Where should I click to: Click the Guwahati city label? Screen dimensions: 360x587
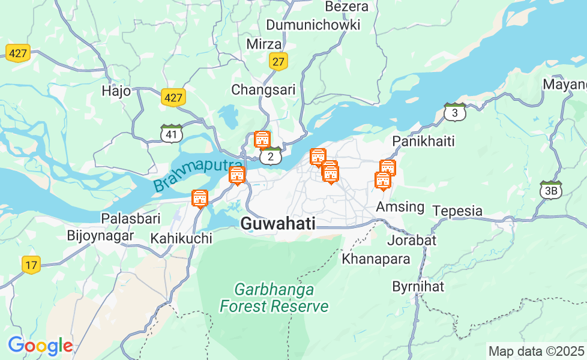(277, 224)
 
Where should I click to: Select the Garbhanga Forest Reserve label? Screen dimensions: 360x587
(274, 298)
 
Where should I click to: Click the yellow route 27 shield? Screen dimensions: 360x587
(278, 61)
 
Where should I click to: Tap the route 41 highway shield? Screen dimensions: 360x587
(172, 134)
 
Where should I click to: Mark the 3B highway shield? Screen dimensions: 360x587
(550, 190)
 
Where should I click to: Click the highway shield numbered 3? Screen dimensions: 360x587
(455, 112)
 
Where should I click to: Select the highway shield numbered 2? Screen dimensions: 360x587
(271, 156)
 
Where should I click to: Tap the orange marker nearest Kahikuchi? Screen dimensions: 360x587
(200, 198)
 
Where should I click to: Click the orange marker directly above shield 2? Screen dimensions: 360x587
(262, 139)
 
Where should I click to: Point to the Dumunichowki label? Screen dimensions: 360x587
(313, 25)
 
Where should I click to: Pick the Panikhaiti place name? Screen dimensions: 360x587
(423, 142)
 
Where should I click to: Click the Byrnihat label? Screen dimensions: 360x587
(418, 286)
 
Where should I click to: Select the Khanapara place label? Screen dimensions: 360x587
(376, 259)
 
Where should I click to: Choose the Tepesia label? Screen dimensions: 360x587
(457, 211)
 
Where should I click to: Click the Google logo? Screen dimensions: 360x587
(40, 346)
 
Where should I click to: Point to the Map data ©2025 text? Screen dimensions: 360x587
(536, 351)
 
